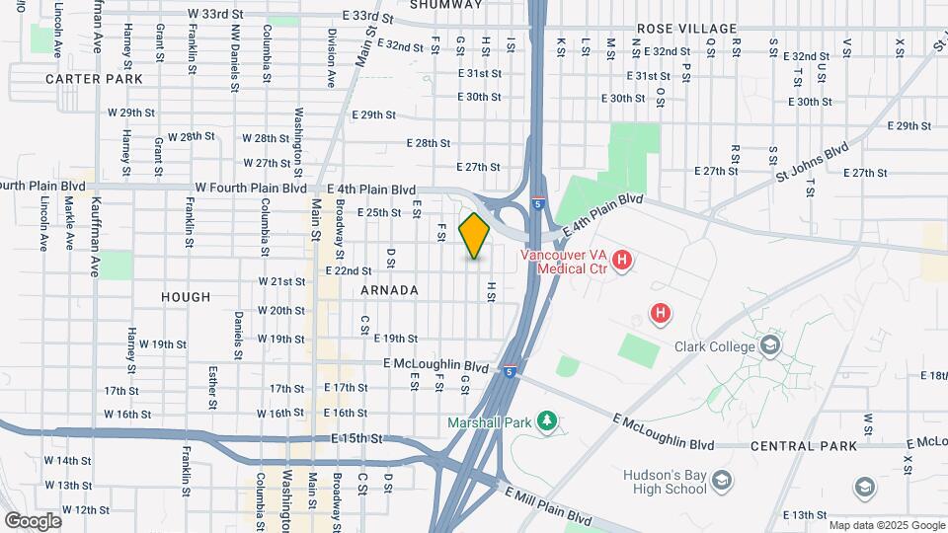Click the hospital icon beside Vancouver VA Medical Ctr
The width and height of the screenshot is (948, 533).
click(x=622, y=261)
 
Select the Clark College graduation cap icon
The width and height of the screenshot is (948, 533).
click(x=770, y=345)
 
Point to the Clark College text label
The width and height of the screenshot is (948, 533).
click(x=716, y=346)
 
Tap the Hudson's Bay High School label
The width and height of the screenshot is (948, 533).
click(x=665, y=482)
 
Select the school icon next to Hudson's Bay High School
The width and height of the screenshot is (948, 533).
click(x=723, y=480)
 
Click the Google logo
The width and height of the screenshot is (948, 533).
click(x=32, y=520)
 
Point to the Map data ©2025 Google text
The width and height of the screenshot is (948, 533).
click(x=886, y=525)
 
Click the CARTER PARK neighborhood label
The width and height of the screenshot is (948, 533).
click(x=94, y=78)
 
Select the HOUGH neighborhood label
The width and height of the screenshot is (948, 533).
click(x=187, y=296)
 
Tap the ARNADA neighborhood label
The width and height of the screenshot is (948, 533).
click(x=389, y=290)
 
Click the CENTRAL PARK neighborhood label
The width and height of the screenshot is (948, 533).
click(x=803, y=446)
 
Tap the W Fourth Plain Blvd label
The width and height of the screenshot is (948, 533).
click(x=251, y=188)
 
